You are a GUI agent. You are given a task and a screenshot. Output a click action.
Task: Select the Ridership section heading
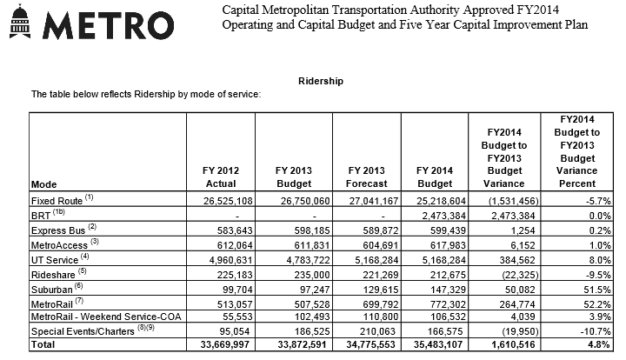(321, 81)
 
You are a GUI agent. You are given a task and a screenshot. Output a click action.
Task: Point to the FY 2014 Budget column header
(435, 177)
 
